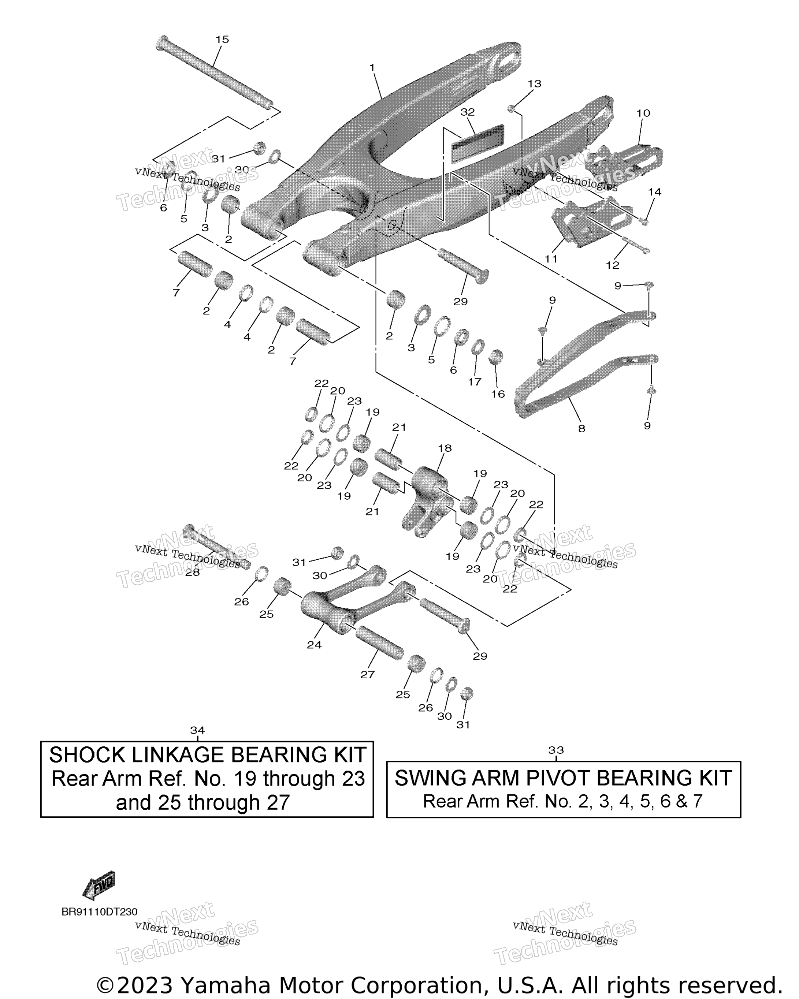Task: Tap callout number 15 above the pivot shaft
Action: pos(222,40)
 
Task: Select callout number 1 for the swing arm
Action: pos(372,68)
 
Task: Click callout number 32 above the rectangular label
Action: pos(468,112)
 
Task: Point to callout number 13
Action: pos(534,83)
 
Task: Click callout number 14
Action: pos(654,192)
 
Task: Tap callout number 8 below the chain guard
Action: pos(581,429)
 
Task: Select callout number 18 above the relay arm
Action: pos(445,448)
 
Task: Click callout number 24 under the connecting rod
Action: pos(314,645)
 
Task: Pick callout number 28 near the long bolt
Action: pos(192,572)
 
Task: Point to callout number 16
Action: pos(498,394)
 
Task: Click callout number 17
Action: pos(474,382)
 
